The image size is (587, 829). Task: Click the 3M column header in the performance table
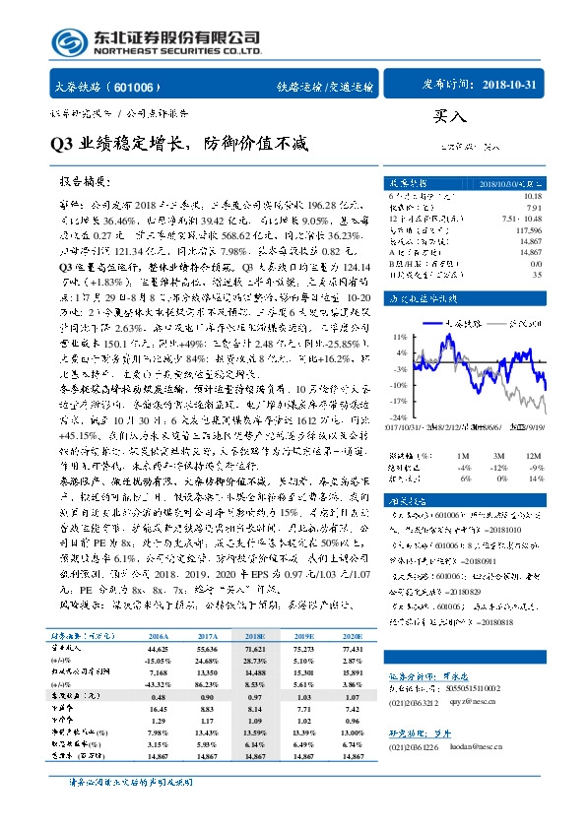click(476, 456)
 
